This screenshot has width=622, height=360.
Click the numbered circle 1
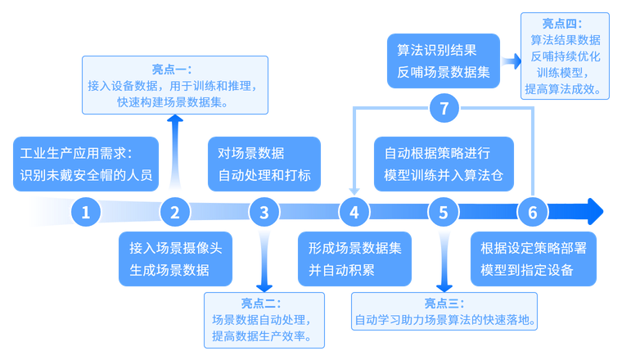coord(86,213)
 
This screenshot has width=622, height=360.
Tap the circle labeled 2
coord(174,213)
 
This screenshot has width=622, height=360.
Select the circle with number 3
coord(264,213)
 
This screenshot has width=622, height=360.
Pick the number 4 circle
coord(354,213)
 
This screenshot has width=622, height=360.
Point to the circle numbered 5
coord(444,213)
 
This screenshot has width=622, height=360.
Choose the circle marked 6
coord(533,213)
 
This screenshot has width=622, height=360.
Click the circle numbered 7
coord(444,107)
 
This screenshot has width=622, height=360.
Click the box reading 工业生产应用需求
coord(86,163)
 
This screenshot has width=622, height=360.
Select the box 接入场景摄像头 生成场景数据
coord(181,259)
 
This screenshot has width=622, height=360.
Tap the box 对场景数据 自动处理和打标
coord(264,163)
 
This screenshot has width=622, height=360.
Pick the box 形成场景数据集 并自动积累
coord(352,259)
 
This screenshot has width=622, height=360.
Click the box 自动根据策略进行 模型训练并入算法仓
coord(444,163)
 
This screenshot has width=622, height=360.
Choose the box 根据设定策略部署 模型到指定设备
coord(533,259)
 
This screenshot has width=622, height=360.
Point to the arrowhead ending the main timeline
coord(596,213)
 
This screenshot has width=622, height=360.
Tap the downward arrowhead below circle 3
coord(264,286)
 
